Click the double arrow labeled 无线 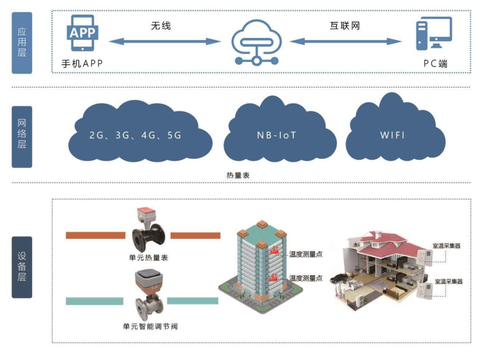(165, 41)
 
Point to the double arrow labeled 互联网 (347, 41)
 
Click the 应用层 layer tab (22, 42)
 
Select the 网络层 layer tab (22, 137)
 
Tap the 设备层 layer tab (22, 267)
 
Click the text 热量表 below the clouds (238, 174)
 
